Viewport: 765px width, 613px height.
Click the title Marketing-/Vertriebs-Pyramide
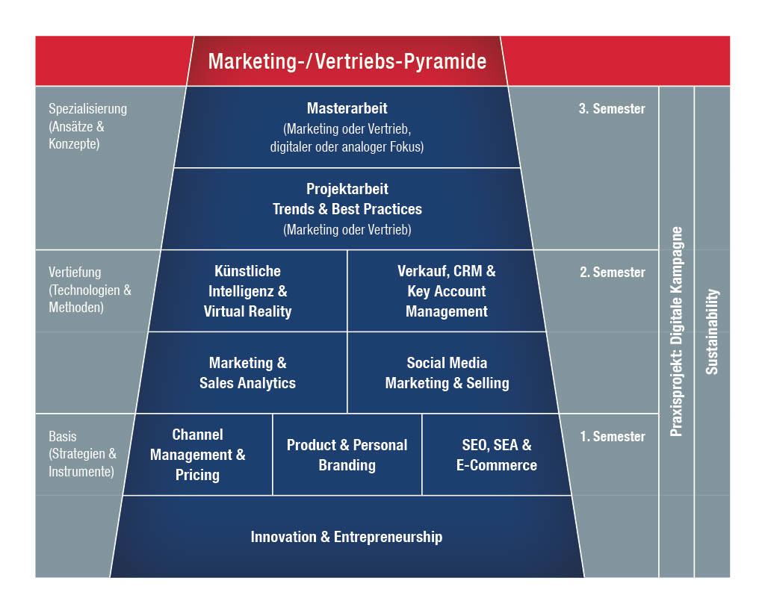(347, 61)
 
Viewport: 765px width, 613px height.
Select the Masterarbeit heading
(347, 109)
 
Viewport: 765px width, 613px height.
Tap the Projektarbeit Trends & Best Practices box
(347, 208)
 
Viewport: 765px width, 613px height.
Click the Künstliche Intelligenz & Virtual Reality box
(247, 291)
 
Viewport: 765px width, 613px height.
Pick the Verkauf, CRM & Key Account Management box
(446, 291)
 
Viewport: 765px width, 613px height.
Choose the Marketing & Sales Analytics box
(247, 373)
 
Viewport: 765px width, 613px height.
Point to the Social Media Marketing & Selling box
(447, 373)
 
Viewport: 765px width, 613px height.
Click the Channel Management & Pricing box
(197, 454)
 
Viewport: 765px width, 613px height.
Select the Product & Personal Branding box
(347, 455)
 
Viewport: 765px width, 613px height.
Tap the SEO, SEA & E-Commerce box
(496, 455)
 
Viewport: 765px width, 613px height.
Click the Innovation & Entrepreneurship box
(347, 537)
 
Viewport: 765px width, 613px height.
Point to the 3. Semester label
(612, 109)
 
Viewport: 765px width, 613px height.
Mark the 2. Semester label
(612, 273)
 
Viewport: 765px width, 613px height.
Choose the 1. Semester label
(612, 437)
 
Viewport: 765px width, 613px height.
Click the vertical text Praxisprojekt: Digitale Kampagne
(677, 332)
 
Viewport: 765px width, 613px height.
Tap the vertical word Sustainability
(713, 332)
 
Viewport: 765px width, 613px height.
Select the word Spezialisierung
(87, 109)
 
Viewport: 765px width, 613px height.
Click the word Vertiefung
(75, 273)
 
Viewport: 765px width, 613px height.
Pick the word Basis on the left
(63, 437)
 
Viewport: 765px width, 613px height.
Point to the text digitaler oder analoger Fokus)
(347, 147)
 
